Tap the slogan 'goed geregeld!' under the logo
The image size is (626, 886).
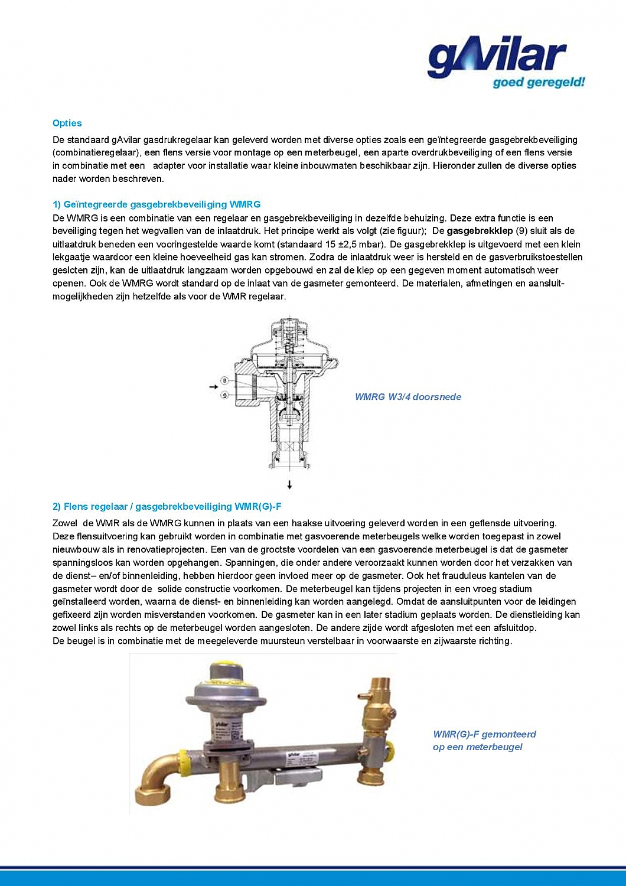[539, 82]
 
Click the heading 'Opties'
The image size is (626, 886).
[67, 123]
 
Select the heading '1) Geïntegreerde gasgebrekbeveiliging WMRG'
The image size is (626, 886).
[156, 204]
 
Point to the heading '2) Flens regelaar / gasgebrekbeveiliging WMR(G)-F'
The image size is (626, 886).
[167, 506]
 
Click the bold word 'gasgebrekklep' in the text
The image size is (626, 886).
[480, 231]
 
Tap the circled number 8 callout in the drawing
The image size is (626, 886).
[225, 380]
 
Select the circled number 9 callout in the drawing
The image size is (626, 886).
[225, 395]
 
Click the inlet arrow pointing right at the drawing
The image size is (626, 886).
[214, 387]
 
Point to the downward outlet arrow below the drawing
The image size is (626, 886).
[289, 485]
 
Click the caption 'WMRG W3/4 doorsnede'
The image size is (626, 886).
[407, 397]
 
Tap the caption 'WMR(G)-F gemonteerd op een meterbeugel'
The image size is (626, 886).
[484, 740]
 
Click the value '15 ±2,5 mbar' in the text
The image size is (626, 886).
[354, 244]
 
